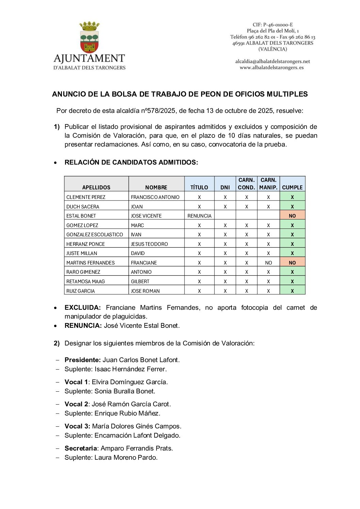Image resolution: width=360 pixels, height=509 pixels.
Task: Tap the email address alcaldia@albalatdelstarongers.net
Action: [x=273, y=62]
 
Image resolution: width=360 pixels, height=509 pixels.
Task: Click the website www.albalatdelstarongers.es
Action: [x=272, y=68]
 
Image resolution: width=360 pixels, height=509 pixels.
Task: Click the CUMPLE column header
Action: [x=292, y=187]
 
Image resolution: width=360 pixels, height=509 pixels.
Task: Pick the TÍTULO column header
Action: [x=199, y=187]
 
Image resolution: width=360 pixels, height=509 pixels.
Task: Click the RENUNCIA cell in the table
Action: [x=199, y=216]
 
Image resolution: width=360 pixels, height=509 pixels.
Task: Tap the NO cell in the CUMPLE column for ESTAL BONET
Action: [x=292, y=216]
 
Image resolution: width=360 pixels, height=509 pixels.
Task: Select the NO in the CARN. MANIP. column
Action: [x=268, y=263]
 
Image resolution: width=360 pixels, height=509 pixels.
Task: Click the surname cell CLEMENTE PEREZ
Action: [x=86, y=197]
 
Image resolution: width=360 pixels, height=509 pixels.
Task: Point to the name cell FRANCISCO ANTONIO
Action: [x=155, y=197]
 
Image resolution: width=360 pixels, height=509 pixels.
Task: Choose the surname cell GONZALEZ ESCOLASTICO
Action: [x=95, y=235]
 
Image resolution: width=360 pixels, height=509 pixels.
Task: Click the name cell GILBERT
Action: [x=140, y=282]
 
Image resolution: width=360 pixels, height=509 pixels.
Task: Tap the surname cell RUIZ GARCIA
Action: [x=81, y=291]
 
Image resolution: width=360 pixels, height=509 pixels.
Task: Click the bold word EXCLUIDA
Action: [x=83, y=308]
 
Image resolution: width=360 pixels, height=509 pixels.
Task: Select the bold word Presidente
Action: [x=83, y=360]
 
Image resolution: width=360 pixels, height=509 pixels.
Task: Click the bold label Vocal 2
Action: [x=76, y=404]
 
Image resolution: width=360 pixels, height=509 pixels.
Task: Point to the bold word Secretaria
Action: [x=81, y=448]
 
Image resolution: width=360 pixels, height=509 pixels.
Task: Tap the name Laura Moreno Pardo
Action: [x=126, y=458]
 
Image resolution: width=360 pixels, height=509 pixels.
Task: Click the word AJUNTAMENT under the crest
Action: [x=89, y=58]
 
